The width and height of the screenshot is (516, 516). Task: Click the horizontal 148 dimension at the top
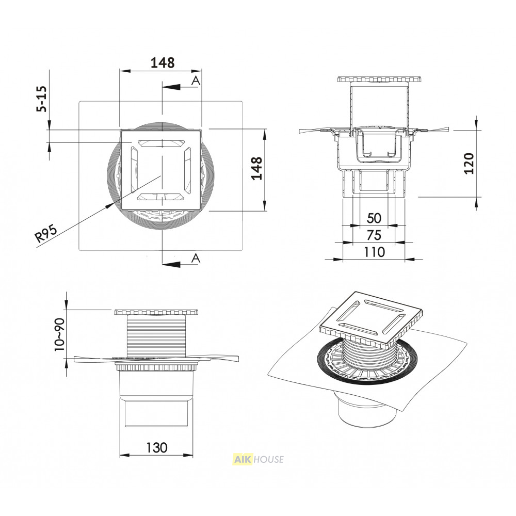coord(162,62)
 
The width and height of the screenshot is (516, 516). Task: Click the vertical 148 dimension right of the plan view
coord(256,168)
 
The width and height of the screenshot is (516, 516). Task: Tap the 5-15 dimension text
coord(42,99)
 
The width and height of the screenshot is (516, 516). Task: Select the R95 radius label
coord(46,233)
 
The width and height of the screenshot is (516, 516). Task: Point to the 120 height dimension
coord(469,164)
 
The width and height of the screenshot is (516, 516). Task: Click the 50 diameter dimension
coord(374,218)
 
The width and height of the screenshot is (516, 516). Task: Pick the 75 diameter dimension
coord(374,235)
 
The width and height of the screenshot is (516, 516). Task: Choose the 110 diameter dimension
coord(374,252)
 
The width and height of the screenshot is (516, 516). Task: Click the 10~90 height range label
coord(59,334)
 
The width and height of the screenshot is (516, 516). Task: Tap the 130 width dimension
coord(157,447)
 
